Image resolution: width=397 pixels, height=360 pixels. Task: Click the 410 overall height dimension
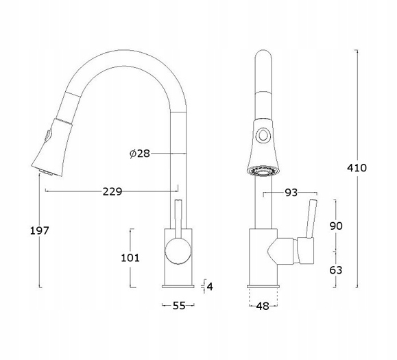(x=357, y=168)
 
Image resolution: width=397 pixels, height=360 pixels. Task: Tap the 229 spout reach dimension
(x=112, y=191)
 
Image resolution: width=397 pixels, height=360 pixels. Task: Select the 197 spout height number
(x=39, y=230)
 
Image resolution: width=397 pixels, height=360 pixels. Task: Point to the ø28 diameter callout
(x=140, y=154)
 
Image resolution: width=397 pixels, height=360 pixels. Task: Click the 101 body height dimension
(x=130, y=258)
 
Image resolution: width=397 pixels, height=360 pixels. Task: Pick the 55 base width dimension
(x=179, y=306)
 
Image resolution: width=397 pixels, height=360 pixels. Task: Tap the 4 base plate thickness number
(x=210, y=287)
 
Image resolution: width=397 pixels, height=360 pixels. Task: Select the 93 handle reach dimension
(x=291, y=193)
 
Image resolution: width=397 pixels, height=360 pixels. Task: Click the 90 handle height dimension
(x=336, y=226)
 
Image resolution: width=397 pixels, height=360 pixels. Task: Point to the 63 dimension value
(x=336, y=270)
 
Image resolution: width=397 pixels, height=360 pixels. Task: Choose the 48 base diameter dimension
(x=263, y=306)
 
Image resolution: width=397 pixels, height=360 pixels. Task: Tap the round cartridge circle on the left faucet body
(x=178, y=252)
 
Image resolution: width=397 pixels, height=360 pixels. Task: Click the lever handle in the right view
(x=312, y=219)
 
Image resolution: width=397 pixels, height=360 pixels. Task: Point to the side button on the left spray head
(x=48, y=134)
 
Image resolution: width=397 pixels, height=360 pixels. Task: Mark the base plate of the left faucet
(x=178, y=287)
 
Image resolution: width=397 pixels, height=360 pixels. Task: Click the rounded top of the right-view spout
(x=263, y=56)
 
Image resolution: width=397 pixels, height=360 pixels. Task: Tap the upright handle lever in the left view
(x=178, y=219)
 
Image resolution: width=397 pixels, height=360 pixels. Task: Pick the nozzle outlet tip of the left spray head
(x=45, y=173)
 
